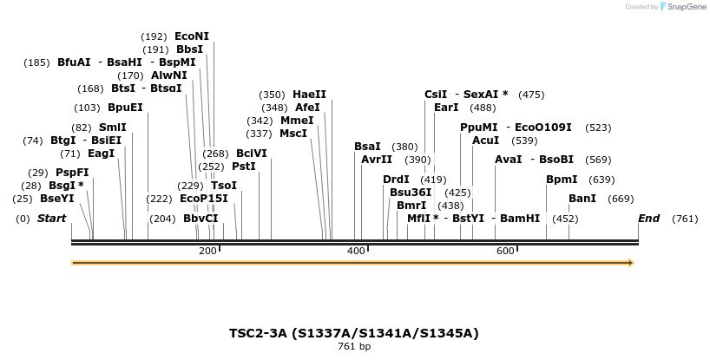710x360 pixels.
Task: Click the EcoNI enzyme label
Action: tap(192, 36)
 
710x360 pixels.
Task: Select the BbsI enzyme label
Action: tap(189, 49)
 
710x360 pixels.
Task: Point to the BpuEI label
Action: tap(125, 108)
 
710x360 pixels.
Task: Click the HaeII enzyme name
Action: tap(309, 95)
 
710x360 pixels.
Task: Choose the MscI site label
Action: tap(293, 134)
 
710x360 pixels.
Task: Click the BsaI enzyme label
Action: tap(367, 147)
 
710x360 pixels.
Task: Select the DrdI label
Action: tap(396, 180)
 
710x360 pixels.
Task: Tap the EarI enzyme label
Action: tap(446, 108)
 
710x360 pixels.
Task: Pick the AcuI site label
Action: tap(485, 141)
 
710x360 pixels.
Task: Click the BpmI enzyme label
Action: tap(562, 180)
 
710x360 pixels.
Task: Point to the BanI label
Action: tap(582, 199)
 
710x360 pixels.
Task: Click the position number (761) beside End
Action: tap(685, 219)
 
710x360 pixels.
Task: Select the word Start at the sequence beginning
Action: tap(51, 219)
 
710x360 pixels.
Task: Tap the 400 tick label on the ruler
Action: tap(356, 251)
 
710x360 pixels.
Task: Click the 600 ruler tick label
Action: tap(505, 251)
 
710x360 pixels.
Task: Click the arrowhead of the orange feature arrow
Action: tap(631, 263)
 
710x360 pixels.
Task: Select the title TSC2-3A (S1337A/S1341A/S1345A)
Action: tap(354, 333)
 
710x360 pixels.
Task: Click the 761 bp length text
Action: tap(354, 347)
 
